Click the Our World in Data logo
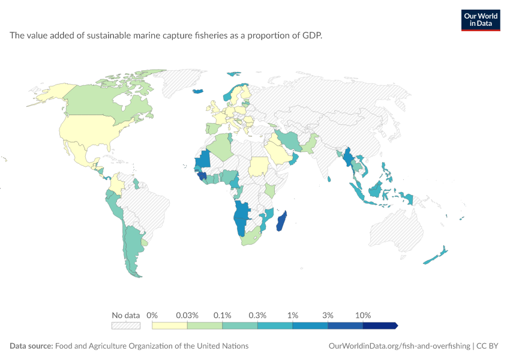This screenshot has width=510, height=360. (481, 20)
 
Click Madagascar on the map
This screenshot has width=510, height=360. (281, 221)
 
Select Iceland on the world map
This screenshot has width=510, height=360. (198, 91)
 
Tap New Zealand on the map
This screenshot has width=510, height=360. (436, 255)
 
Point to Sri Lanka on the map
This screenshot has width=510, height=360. (329, 179)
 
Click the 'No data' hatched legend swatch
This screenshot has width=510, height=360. (126, 326)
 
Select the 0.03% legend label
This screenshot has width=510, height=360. (187, 315)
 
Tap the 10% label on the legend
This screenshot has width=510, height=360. (363, 315)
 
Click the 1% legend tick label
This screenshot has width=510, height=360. (293, 315)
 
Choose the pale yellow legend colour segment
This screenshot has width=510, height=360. (169, 326)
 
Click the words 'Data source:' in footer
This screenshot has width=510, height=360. (31, 346)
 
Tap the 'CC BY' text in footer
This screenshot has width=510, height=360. (487, 346)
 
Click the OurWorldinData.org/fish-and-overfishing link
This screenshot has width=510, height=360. (400, 346)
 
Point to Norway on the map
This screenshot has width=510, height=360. (232, 92)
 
